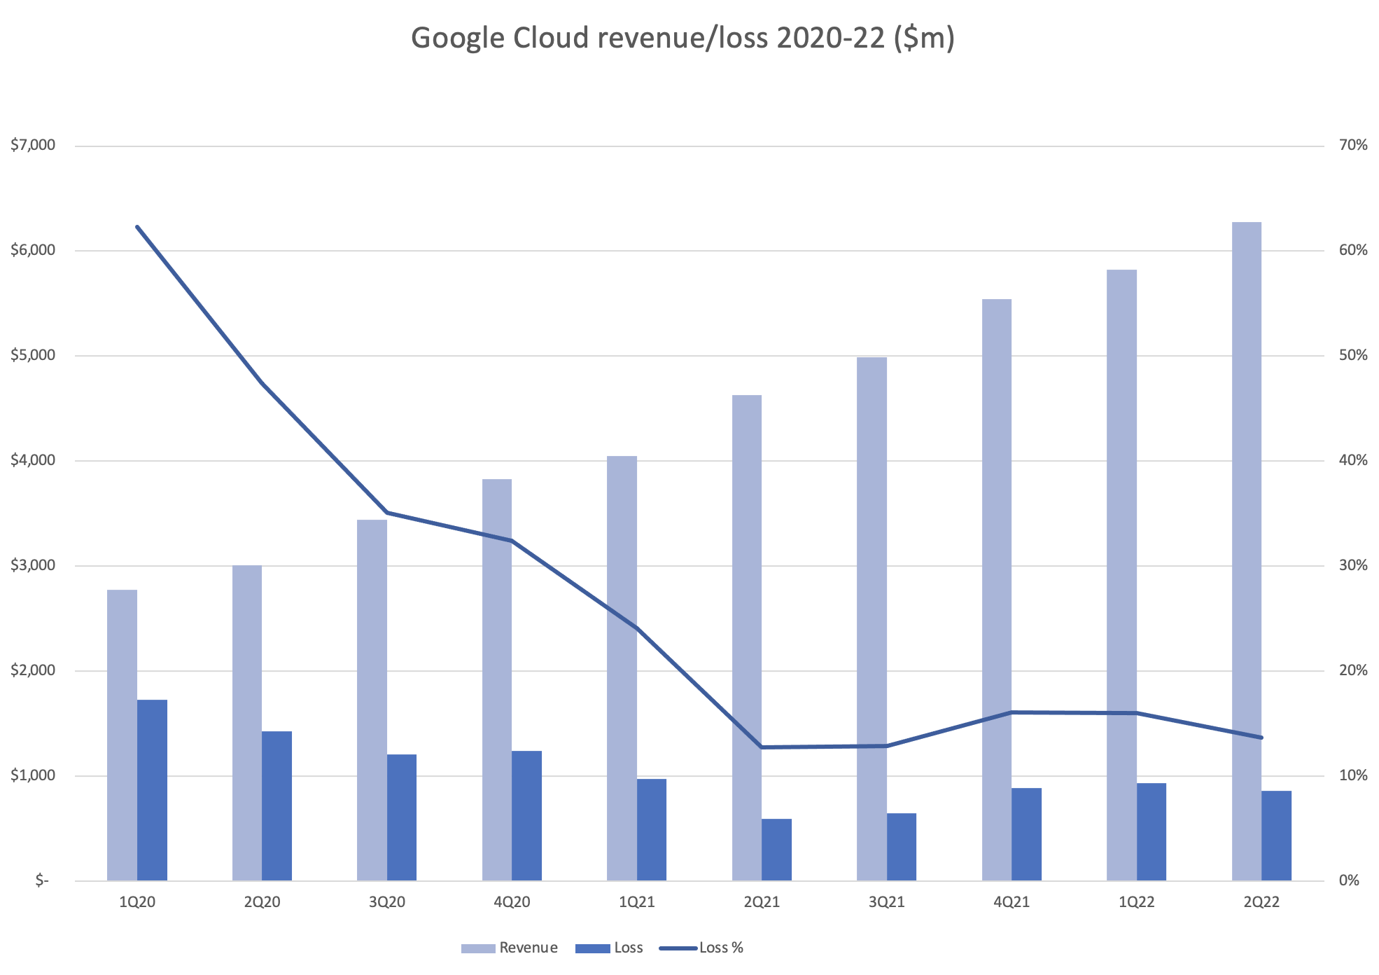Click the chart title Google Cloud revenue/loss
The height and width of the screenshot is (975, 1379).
click(x=682, y=39)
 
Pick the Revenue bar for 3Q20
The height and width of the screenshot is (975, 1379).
click(x=372, y=700)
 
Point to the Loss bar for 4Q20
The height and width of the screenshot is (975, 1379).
click(x=526, y=815)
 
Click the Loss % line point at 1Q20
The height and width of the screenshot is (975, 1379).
click(x=137, y=227)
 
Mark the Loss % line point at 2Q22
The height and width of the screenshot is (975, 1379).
click(x=1261, y=738)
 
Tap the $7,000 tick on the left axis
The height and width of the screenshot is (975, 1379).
click(x=32, y=146)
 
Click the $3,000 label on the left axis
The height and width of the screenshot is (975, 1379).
click(x=32, y=565)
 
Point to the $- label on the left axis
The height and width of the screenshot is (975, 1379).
click(x=42, y=880)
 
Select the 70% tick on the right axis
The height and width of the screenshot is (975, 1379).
click(x=1352, y=146)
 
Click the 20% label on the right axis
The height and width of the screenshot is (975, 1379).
click(x=1352, y=670)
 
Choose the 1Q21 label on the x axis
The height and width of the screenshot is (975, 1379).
click(x=637, y=902)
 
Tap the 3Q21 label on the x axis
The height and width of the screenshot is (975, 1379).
click(x=886, y=902)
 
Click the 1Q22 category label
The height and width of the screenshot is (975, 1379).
click(x=1136, y=902)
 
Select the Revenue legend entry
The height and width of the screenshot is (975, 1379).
click(x=528, y=948)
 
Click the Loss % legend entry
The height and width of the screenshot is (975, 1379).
click(x=720, y=948)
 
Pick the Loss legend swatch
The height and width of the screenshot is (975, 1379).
click(x=592, y=948)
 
